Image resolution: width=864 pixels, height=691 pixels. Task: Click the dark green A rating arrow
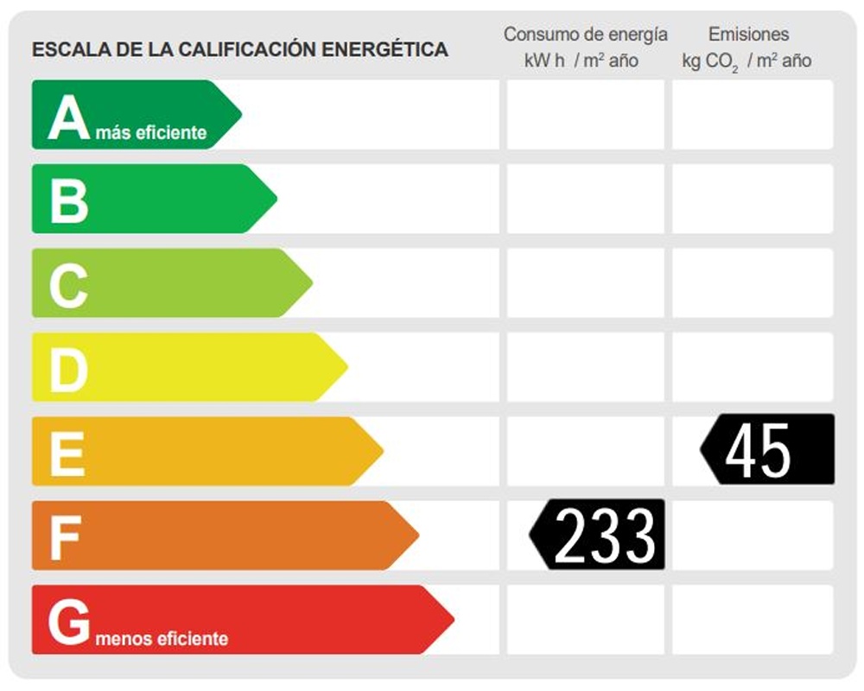click(x=134, y=114)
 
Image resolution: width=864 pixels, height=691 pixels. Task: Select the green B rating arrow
click(x=151, y=199)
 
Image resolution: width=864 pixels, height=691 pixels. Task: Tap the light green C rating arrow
click(x=168, y=282)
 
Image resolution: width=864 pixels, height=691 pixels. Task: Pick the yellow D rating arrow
click(x=186, y=367)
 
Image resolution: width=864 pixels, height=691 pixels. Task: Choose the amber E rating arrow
click(x=203, y=451)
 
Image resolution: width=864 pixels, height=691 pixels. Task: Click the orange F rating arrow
click(x=220, y=536)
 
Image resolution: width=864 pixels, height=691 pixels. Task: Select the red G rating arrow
click(x=238, y=619)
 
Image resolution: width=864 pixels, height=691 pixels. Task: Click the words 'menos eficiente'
click(x=162, y=639)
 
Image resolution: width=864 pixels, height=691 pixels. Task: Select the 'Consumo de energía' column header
click(x=586, y=35)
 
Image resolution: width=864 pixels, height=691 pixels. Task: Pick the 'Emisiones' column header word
click(x=748, y=35)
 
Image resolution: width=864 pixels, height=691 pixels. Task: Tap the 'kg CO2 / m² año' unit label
click(x=746, y=61)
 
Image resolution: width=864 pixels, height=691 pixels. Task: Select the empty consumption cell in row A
click(x=586, y=114)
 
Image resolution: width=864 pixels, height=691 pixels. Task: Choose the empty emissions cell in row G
click(x=753, y=619)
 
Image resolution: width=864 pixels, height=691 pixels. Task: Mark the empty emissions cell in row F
click(x=753, y=536)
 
